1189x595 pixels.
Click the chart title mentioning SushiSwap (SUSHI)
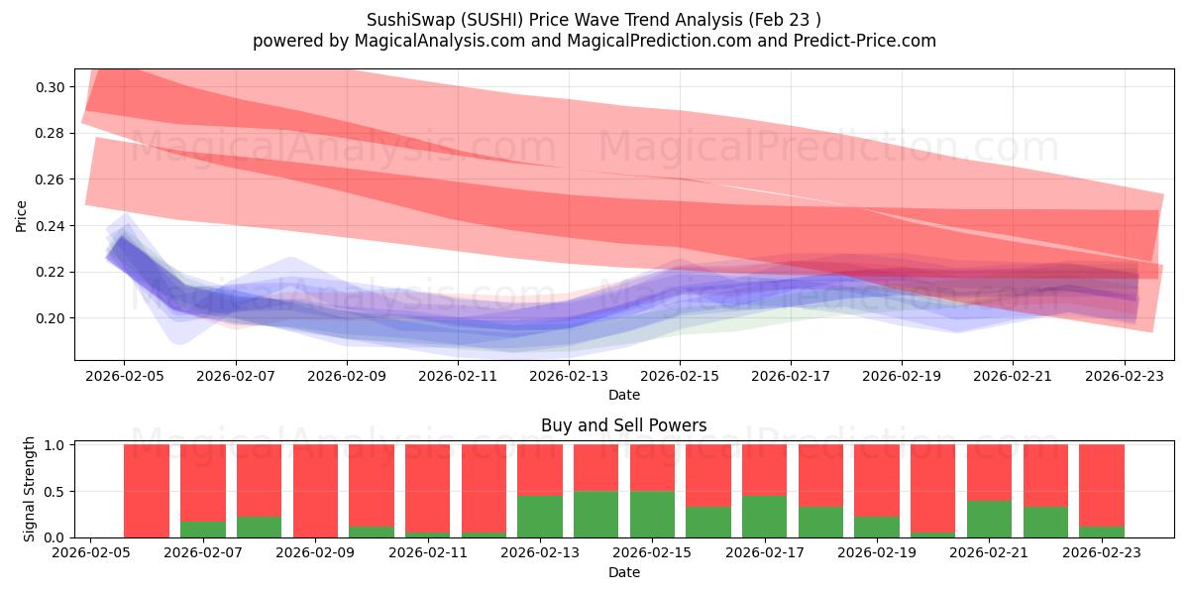coord(594,20)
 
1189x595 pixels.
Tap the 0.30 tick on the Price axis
coord(52,87)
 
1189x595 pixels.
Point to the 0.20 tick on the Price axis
coord(52,318)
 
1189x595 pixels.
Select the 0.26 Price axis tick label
coord(52,179)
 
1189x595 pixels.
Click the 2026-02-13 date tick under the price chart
coord(569,378)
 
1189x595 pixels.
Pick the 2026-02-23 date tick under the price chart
coord(1125,378)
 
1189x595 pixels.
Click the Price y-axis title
coord(21,215)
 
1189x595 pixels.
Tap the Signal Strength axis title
coord(30,488)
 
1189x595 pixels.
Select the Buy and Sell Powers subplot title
coord(623,425)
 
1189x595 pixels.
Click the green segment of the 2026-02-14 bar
coord(595,514)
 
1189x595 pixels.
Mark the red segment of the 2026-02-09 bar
coord(315,491)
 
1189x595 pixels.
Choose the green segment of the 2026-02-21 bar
coord(989,519)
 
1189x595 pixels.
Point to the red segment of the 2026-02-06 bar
coord(147,491)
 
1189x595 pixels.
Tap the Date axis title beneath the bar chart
coord(623,572)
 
